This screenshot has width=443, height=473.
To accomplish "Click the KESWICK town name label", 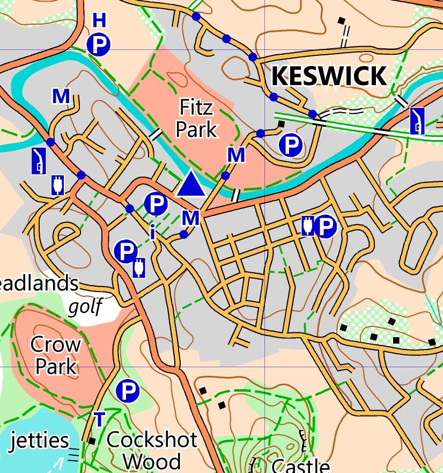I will pos(328,76).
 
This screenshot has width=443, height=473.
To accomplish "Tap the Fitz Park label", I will pos(197,119).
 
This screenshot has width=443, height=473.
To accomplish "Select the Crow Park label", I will pos(55,355).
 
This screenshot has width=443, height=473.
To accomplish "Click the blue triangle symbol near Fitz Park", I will pos(190,184).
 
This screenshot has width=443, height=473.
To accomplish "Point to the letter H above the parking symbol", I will pos(99,21).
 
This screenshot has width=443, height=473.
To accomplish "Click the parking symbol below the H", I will pos(99,45).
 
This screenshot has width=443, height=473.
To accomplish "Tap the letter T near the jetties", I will pos(99,419).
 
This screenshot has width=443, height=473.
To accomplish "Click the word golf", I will pos(85,307).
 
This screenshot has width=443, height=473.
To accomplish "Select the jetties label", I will pos(40,440).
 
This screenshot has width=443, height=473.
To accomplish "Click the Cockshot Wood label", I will pos(152,450).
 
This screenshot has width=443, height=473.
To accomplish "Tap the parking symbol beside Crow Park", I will pos(128,391).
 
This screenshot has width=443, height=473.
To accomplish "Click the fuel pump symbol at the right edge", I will pos(417,120).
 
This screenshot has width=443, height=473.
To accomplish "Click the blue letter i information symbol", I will pos(153,232).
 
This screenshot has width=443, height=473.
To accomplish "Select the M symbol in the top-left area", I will pos(61,97).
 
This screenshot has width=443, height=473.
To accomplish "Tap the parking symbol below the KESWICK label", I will pos(291,144).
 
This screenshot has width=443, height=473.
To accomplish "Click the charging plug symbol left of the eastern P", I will pos(307,226).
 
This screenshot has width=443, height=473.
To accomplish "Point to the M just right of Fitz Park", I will pos(236,155).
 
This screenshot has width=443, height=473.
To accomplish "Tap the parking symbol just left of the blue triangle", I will pos(156,203).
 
